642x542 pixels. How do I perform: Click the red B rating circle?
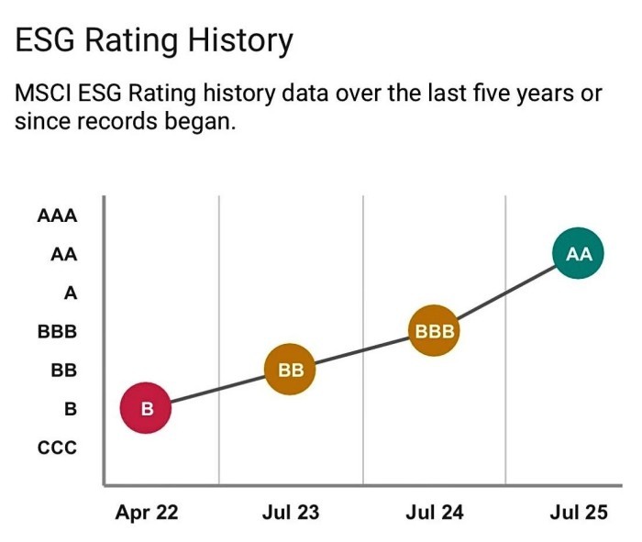(x=146, y=409)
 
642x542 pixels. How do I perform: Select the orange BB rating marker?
(x=290, y=370)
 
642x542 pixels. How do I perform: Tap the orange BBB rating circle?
(x=435, y=330)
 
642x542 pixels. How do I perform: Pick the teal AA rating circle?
(x=579, y=254)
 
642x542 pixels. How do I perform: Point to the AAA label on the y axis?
(x=58, y=217)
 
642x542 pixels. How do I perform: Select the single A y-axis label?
(x=70, y=293)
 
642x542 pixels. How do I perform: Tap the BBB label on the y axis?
(x=58, y=332)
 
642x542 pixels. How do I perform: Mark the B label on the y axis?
(x=70, y=409)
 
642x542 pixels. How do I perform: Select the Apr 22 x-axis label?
(x=146, y=513)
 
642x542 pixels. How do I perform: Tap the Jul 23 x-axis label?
(x=290, y=513)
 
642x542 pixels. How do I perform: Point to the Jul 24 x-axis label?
(x=434, y=513)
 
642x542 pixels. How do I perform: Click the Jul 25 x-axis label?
(x=579, y=513)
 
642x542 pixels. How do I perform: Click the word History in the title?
(x=235, y=40)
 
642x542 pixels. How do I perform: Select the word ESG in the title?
(x=43, y=40)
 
